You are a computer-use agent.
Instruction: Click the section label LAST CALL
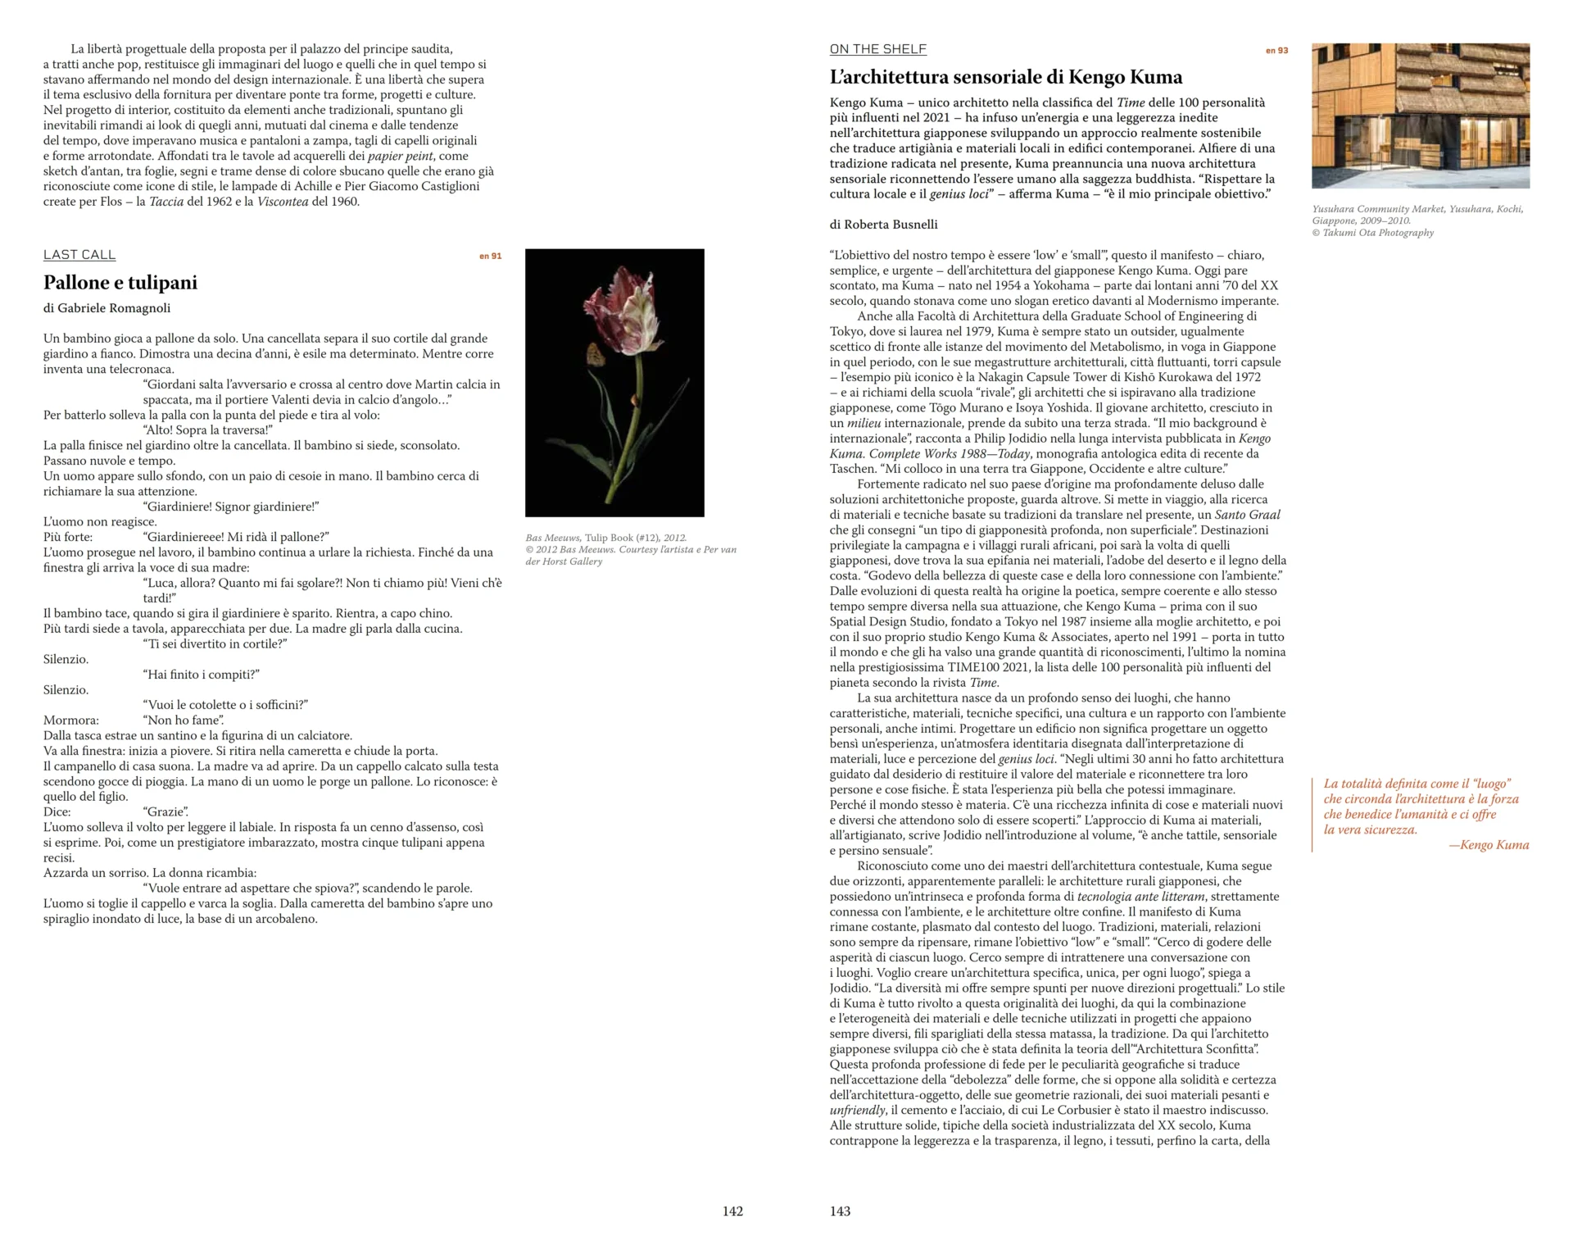click(79, 255)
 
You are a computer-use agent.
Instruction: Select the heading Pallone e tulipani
click(120, 283)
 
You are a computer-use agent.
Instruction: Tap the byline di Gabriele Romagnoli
click(107, 308)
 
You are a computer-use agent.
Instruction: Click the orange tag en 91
click(490, 257)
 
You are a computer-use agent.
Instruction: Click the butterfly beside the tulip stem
click(593, 354)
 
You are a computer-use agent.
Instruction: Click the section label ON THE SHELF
click(877, 49)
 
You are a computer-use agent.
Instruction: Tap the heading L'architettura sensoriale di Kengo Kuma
click(1005, 78)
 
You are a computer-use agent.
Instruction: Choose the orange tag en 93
click(1276, 51)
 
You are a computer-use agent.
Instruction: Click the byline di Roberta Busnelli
click(883, 225)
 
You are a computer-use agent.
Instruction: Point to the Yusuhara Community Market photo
click(1420, 116)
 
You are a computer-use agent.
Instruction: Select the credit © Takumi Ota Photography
click(1372, 233)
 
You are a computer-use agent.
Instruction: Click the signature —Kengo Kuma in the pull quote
click(1489, 845)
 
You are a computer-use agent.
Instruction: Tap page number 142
click(732, 1211)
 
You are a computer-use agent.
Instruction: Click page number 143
click(840, 1211)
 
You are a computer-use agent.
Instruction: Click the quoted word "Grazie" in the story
click(166, 812)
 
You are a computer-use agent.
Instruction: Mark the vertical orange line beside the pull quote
click(1312, 815)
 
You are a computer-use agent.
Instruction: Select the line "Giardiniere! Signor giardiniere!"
click(230, 507)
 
